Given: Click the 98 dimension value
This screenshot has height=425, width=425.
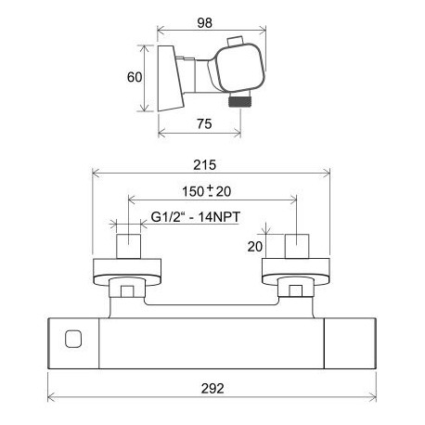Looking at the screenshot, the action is click(x=205, y=23).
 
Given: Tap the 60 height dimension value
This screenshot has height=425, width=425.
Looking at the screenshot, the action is click(x=135, y=77).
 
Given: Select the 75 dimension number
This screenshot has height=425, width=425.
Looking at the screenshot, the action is click(x=204, y=124).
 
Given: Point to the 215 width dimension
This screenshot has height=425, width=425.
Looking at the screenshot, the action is click(x=205, y=165).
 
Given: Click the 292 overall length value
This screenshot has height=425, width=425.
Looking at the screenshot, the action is click(x=212, y=389).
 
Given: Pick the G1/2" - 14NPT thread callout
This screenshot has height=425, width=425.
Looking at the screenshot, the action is click(x=196, y=217).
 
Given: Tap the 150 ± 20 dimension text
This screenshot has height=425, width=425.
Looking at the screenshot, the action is click(x=207, y=191).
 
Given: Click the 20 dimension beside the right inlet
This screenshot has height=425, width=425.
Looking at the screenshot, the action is click(x=255, y=247).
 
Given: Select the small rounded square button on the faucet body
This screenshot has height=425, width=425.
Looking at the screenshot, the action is click(x=73, y=339).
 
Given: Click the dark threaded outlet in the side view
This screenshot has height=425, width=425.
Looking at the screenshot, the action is click(x=239, y=101).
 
